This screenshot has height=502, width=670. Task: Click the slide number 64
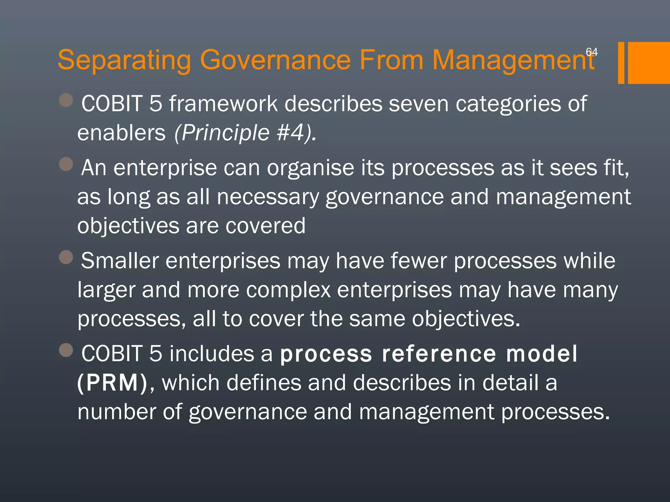591,52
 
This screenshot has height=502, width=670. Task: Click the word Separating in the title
124,60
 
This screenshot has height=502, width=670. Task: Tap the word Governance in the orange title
275,60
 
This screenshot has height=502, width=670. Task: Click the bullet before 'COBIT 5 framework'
66,100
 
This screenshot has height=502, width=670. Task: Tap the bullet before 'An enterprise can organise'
66,164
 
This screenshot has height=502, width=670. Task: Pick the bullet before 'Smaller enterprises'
66,257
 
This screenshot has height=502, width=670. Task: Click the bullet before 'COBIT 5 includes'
66,350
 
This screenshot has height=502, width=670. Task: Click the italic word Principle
222,133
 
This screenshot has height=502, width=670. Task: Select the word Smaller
120,261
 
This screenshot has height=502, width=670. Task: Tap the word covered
265,226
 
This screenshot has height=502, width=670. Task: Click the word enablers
121,133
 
